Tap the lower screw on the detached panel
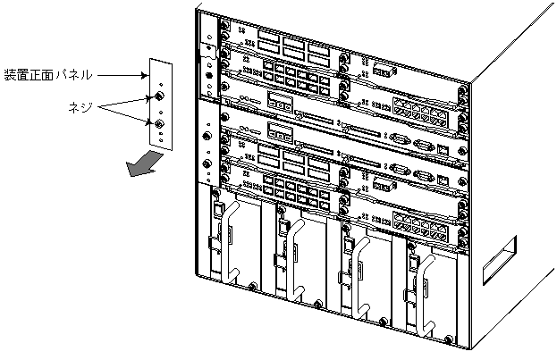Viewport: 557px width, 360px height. tap(158, 124)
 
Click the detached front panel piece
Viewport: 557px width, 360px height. tap(158, 107)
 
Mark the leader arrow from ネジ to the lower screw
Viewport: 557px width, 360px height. tap(125, 114)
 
